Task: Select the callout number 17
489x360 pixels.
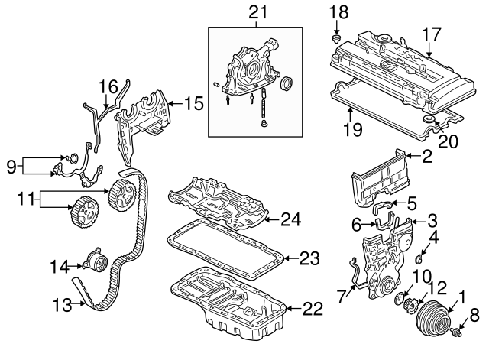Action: [432, 34]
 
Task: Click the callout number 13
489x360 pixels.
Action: [63, 305]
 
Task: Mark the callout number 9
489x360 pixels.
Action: [11, 164]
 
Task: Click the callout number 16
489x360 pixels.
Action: [108, 86]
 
